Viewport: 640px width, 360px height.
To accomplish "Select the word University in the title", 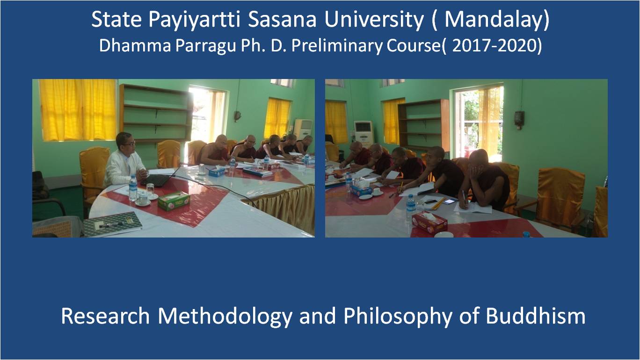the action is [374, 20].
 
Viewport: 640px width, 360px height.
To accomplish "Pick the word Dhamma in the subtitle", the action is [135, 46].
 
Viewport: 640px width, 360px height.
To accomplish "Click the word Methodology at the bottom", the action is [225, 317].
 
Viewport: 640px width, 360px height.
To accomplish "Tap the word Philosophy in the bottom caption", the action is [398, 317].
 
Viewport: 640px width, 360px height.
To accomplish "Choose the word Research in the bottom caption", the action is [105, 316].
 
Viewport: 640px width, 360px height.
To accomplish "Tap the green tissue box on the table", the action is [174, 201].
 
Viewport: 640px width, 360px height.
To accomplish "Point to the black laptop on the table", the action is [158, 180].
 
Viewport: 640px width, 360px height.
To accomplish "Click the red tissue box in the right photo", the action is [429, 222].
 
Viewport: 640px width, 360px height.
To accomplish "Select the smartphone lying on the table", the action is [449, 201].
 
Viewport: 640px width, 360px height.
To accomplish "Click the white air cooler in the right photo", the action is [364, 133].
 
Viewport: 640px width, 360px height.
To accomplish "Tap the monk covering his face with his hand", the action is [486, 180].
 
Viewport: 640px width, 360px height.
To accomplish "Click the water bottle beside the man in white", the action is [133, 187].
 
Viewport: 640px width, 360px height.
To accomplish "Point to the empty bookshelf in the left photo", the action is [156, 114].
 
